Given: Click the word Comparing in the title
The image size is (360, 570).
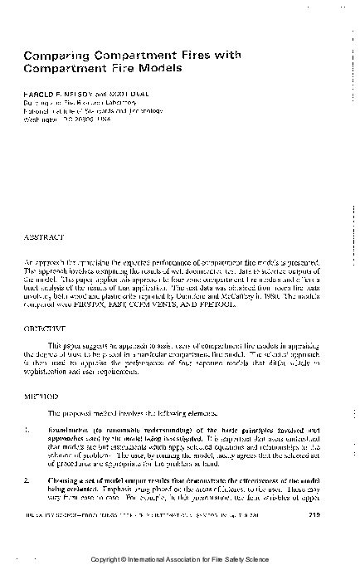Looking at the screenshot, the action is point(51,55).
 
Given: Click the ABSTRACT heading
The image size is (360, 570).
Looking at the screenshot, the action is point(42,236).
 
